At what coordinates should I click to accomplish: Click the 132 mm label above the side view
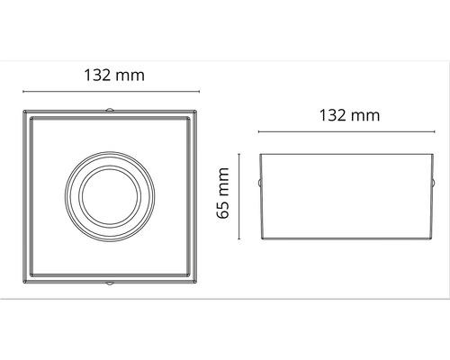pos(348,115)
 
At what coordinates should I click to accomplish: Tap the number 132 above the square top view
pos(98,76)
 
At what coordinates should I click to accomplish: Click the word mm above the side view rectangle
pos(364,115)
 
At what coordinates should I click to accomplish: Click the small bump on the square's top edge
pos(110,111)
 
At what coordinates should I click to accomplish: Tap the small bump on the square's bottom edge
pos(110,283)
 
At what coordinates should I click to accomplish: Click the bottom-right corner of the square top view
pos(196,282)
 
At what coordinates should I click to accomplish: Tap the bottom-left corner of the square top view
pos(22,282)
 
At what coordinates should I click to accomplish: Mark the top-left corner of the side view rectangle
pos(261,155)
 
